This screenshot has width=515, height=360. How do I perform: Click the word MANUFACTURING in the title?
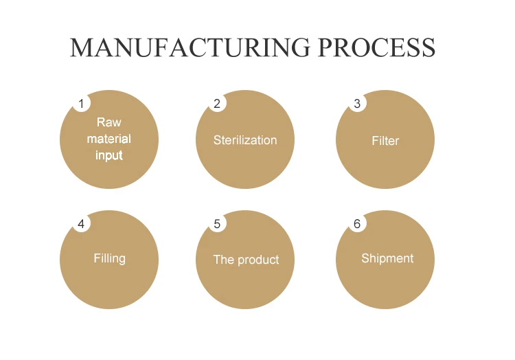[186, 47]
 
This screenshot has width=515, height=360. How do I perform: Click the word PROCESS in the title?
[376, 47]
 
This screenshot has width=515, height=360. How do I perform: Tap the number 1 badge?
[81, 104]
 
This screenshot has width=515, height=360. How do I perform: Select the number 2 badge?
[217, 104]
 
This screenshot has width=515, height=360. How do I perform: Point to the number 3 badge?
[357, 104]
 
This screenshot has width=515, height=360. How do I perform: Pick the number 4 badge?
[81, 224]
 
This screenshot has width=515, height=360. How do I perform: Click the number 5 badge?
[217, 224]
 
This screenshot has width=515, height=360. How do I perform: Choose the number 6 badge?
[357, 224]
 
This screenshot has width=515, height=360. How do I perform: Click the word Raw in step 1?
[108, 122]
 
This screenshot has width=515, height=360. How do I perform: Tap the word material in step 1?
[108, 139]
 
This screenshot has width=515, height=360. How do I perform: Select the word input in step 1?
[108, 155]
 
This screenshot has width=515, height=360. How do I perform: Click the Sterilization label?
[245, 140]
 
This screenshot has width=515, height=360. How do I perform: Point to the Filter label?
[385, 141]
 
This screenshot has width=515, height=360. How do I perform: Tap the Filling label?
[109, 258]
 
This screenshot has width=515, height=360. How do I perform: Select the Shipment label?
[387, 258]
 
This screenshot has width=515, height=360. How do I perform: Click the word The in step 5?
[224, 260]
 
